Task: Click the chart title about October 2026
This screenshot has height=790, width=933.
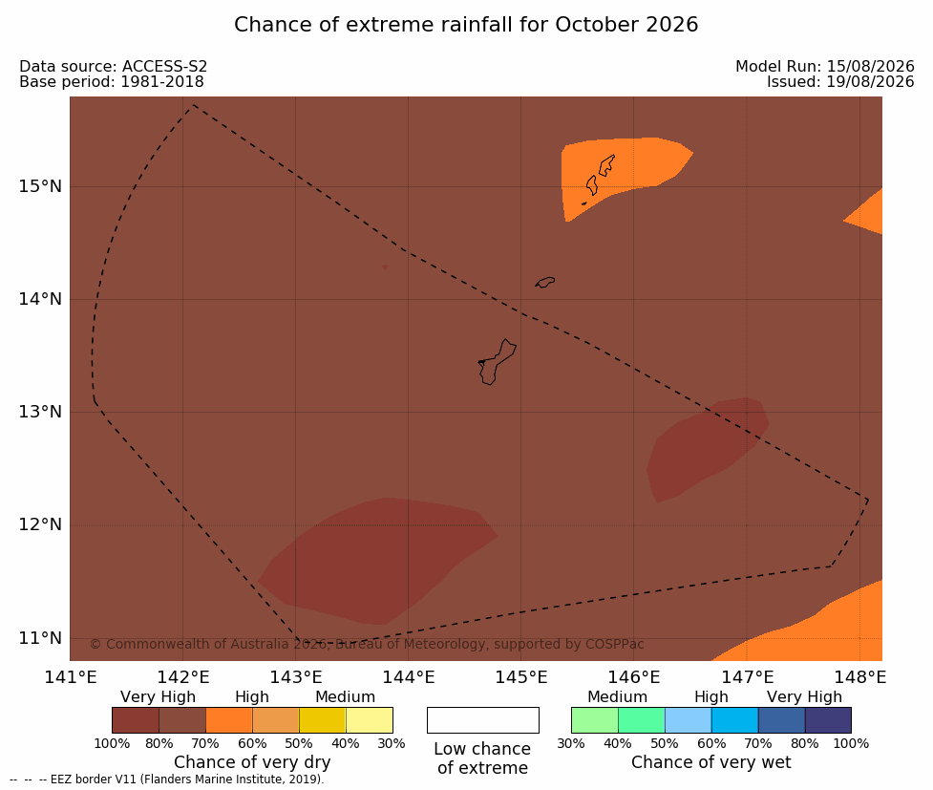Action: click(x=466, y=25)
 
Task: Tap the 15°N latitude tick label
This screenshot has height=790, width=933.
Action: click(x=40, y=186)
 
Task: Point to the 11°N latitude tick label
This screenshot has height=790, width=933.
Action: click(x=40, y=638)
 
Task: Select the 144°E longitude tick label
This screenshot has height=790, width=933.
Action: click(x=408, y=677)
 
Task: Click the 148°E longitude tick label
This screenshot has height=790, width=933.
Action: click(x=859, y=677)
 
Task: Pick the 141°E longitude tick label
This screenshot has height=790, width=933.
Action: click(x=71, y=677)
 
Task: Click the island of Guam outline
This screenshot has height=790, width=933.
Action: click(x=497, y=362)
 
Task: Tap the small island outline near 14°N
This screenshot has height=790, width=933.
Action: click(x=545, y=282)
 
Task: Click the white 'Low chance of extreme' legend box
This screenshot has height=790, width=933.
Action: click(x=482, y=720)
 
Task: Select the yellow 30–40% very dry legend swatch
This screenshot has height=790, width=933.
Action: click(x=370, y=720)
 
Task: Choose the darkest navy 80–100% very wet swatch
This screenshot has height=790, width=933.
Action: click(x=828, y=720)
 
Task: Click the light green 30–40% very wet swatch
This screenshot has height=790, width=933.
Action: click(x=594, y=720)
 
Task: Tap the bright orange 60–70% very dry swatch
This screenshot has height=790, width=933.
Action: click(x=229, y=720)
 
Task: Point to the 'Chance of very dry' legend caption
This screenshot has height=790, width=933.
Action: click(x=252, y=762)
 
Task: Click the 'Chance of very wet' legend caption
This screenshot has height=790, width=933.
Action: click(x=711, y=762)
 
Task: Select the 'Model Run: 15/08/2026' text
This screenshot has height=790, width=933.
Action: click(x=825, y=66)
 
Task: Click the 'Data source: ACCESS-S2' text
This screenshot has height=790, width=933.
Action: click(x=113, y=66)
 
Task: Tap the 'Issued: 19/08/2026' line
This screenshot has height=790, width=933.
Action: click(x=840, y=81)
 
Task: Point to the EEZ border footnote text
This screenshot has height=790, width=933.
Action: click(x=166, y=779)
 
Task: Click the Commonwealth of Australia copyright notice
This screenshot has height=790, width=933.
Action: click(x=367, y=644)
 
